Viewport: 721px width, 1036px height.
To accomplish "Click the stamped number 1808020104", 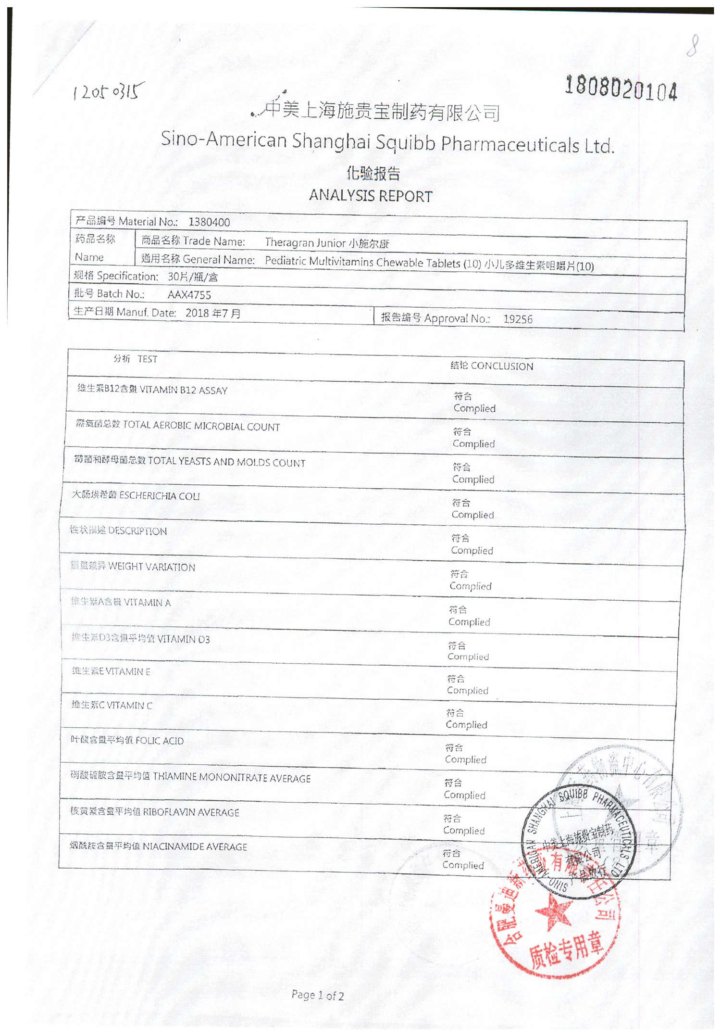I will pos(621,88).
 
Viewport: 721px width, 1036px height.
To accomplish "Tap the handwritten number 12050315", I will pos(108,90).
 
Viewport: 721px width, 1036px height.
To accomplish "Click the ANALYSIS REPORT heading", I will pos(371,196).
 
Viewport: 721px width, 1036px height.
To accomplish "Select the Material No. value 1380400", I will pos(209,222).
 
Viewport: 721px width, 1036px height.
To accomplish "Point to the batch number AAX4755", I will pos(189,295).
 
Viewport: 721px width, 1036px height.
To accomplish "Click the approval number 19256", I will pos(518,319).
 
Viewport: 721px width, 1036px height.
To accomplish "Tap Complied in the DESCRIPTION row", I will pos(472,550).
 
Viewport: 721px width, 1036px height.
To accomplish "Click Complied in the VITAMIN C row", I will pos(466,724).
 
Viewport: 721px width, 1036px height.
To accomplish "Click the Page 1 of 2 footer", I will pos(318,995).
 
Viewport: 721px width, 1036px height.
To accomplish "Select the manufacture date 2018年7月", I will pos(213,313).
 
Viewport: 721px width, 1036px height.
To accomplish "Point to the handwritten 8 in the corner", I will pos(692,46).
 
